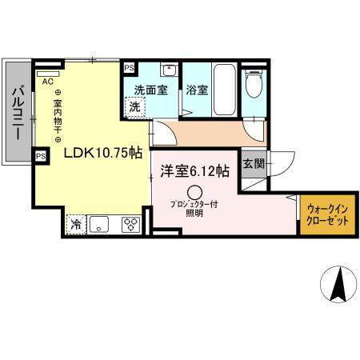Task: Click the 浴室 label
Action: point(198,90)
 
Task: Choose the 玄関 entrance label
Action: point(251,163)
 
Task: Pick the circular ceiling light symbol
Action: point(195,192)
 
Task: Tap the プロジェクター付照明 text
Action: point(194,209)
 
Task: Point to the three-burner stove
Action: point(129,225)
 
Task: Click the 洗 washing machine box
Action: point(137,106)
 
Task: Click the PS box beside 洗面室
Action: point(128,69)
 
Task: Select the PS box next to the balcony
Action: point(39,156)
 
